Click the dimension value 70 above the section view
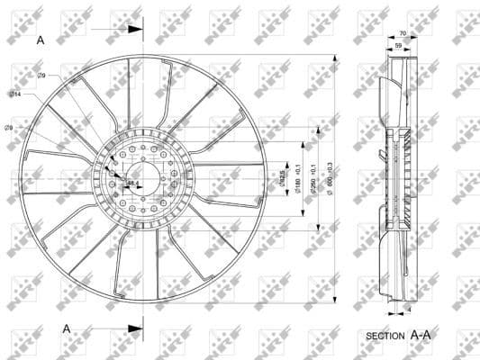pyautogui.click(x=402, y=33)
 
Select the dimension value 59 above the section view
pyautogui.click(x=398, y=44)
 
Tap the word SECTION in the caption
pyautogui.click(x=385, y=336)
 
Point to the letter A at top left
pyautogui.click(x=41, y=40)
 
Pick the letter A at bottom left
pyautogui.click(x=67, y=328)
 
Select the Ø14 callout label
pyautogui.click(x=15, y=94)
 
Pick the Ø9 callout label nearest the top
pyautogui.click(x=42, y=76)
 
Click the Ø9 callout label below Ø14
pyautogui.click(x=9, y=128)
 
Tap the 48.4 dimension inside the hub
pyautogui.click(x=131, y=184)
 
